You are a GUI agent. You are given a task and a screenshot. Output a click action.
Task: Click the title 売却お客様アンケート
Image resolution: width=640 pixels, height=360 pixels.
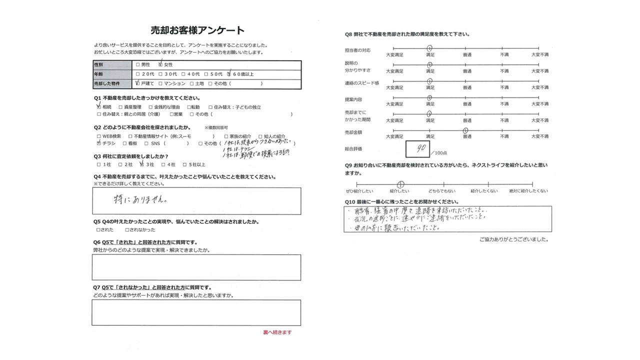[x=197, y=30]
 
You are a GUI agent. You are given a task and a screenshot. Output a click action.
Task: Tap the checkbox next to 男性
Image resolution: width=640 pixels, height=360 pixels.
[x=137, y=65]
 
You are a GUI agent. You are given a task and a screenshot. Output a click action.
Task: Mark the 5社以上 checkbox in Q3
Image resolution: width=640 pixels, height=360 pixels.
[x=184, y=164]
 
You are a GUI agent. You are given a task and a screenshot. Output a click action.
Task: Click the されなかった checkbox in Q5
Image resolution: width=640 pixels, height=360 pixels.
[x=126, y=230]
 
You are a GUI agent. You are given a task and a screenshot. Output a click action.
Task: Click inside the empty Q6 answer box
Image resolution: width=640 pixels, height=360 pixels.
[x=196, y=267]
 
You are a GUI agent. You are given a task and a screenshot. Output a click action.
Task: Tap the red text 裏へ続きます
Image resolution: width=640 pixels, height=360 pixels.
[x=277, y=332]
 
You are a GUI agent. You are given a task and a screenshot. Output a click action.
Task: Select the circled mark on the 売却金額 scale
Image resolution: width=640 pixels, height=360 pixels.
[x=465, y=130]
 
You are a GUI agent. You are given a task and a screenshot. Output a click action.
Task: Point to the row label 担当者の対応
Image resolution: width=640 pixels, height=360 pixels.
[x=357, y=50]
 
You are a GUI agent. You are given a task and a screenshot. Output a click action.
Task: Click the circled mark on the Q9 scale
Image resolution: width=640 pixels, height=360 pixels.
[x=400, y=184]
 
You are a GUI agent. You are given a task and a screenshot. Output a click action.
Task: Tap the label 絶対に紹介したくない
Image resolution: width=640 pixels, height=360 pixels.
[x=528, y=191]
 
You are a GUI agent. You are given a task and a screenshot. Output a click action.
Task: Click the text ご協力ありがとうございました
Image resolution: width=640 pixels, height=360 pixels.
[x=513, y=239]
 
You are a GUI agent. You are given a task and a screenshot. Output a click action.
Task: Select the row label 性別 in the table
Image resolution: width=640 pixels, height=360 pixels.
[x=98, y=65]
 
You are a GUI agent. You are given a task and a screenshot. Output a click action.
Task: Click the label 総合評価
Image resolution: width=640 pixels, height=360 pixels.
[x=353, y=149]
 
